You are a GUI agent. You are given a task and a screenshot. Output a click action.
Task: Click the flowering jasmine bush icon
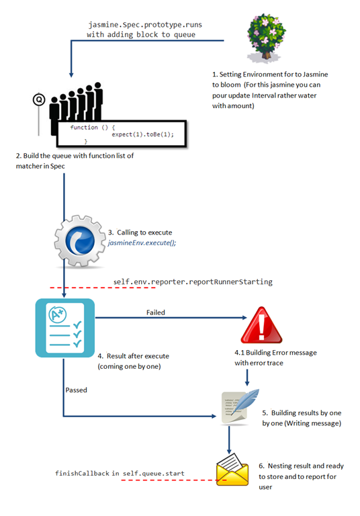(x=266, y=38)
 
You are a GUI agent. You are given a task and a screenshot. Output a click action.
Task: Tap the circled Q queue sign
(x=39, y=99)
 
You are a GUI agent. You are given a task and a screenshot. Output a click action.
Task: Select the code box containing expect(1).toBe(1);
(x=122, y=134)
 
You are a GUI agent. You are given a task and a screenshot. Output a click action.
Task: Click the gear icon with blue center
(x=80, y=241)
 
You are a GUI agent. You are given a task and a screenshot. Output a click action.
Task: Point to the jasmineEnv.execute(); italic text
(x=142, y=243)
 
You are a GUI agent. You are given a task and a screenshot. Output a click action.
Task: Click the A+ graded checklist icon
(x=65, y=328)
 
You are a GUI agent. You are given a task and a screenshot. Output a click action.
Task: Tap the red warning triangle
(x=261, y=325)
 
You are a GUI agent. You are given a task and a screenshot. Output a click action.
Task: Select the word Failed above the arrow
(x=156, y=312)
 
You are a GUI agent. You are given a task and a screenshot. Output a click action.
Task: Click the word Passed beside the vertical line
(x=76, y=390)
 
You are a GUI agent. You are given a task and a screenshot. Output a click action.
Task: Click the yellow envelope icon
(x=232, y=469)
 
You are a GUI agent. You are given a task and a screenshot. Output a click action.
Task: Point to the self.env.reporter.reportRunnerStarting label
(x=193, y=282)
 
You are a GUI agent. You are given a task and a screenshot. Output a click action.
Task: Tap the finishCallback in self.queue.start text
(x=120, y=473)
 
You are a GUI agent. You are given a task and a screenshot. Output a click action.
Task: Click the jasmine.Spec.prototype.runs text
(x=145, y=25)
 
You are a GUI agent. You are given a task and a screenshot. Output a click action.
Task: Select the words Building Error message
(x=281, y=353)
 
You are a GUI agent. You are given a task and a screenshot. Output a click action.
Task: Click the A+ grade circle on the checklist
(x=58, y=315)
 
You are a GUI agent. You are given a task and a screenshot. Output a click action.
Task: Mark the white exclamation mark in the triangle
(x=262, y=327)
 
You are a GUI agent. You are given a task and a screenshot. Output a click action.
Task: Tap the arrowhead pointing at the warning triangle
(x=244, y=318)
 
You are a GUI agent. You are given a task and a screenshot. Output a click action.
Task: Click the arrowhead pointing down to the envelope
(x=229, y=451)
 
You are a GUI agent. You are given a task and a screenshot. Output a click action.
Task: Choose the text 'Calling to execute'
(x=144, y=232)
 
